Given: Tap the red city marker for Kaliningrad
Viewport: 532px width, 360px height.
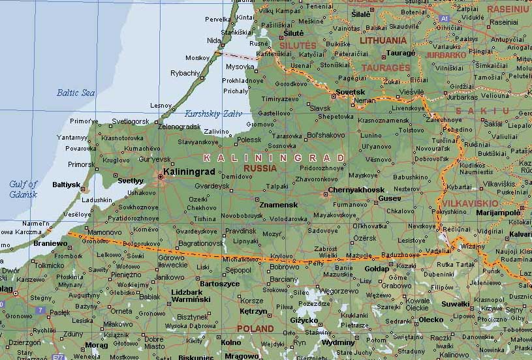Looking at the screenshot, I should (161, 176).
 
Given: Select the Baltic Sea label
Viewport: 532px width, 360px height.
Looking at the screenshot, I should (76, 93).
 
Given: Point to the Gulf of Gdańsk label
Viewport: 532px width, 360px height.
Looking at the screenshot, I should (23, 189).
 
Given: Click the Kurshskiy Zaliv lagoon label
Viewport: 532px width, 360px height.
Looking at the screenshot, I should (213, 113).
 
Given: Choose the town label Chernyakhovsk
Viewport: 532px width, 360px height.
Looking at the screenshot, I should (356, 190).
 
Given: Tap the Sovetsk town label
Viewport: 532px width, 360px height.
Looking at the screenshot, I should (350, 93).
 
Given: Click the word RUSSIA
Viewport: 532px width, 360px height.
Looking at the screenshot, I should (260, 168).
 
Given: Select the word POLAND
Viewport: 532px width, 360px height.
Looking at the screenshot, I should (255, 328).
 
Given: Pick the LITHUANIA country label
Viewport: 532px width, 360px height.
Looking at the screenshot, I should (383, 40).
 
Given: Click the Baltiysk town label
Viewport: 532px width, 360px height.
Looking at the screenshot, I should (66, 185).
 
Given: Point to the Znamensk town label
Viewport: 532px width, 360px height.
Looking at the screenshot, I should (279, 205).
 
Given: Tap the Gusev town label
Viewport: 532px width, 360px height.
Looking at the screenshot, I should (390, 198).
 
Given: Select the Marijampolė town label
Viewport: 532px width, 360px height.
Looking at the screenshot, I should (498, 212).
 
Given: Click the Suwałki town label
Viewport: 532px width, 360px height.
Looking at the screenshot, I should (455, 303).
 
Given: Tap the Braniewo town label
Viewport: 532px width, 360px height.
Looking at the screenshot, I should (51, 243).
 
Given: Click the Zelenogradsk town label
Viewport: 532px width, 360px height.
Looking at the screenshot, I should (180, 126).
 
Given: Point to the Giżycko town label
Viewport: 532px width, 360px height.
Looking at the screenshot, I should (304, 320).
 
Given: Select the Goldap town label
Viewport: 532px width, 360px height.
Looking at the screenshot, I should (376, 269).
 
